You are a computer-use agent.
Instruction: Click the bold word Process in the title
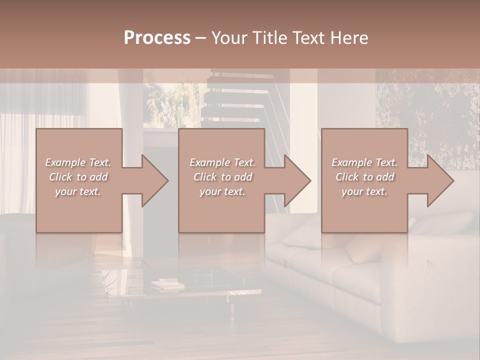click(x=157, y=38)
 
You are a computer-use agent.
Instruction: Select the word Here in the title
click(x=350, y=38)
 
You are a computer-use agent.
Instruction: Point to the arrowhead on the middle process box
click(x=296, y=181)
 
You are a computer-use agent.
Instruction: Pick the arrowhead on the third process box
click(x=439, y=181)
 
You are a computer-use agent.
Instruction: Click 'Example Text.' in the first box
click(x=78, y=162)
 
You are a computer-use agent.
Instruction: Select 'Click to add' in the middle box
click(x=222, y=177)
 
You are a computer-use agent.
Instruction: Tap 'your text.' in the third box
click(x=364, y=191)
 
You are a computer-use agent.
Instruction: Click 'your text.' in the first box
click(x=78, y=191)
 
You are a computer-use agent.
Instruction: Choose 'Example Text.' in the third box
click(x=364, y=162)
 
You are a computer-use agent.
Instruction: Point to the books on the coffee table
click(x=167, y=285)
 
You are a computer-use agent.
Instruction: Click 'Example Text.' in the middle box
click(x=222, y=162)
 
